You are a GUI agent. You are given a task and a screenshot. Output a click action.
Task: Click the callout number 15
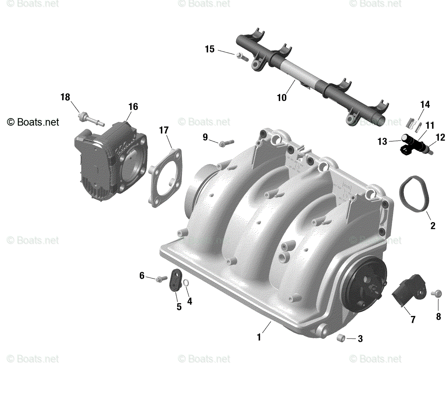(x=210, y=49)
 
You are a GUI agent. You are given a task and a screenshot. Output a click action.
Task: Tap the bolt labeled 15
(x=242, y=57)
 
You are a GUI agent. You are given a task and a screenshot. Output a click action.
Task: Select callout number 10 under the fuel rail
(x=282, y=98)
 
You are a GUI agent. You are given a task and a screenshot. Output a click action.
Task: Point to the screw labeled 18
(x=91, y=119)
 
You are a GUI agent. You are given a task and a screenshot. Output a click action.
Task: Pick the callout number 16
(x=133, y=107)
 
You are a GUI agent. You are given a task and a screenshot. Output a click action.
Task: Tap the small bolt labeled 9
(x=226, y=143)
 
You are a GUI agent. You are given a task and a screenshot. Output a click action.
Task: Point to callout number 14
(x=425, y=104)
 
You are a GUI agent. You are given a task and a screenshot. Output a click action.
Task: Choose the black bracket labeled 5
(x=175, y=280)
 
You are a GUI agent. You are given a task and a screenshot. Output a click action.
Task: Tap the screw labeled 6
(x=161, y=279)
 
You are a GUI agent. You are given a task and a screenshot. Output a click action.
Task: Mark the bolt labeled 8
(x=436, y=293)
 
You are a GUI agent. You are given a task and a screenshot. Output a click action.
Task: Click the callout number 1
(x=259, y=337)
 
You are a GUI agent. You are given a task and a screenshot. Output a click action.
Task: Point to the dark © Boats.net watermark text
(x=33, y=122)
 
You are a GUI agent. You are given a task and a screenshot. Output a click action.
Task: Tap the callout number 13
(x=382, y=141)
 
